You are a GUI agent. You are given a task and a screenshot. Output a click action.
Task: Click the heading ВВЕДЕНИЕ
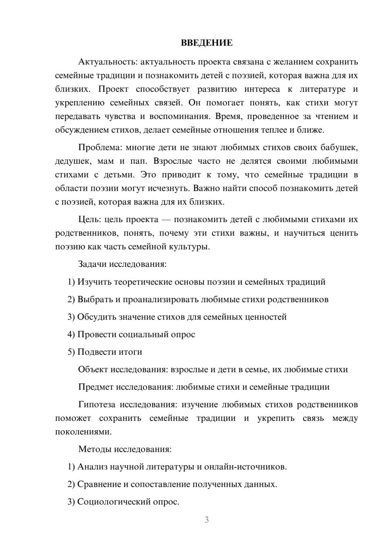(207, 43)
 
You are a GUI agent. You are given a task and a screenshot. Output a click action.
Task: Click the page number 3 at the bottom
(207, 520)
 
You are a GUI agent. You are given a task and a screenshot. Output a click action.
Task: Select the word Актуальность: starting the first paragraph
(108, 62)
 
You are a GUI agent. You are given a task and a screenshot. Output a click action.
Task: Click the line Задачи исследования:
(122, 264)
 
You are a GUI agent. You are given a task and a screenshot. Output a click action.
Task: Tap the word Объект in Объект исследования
(93, 370)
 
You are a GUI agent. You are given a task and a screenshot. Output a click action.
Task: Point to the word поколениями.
(83, 432)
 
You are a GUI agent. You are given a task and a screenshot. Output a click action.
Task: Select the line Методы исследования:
(125, 449)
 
